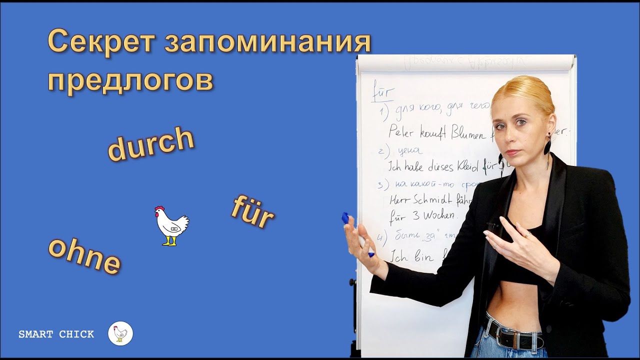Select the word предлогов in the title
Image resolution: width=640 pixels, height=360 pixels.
coord(130,80)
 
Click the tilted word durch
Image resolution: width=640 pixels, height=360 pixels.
coord(151,144)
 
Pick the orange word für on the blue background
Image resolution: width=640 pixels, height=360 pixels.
coord(252,212)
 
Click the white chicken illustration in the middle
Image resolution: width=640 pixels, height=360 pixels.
coord(171,225)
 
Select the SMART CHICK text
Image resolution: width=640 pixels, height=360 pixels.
coord(56,334)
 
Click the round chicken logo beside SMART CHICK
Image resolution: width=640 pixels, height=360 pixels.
coord(120,333)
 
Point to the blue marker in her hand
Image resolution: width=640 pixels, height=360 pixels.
coord(346,219)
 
